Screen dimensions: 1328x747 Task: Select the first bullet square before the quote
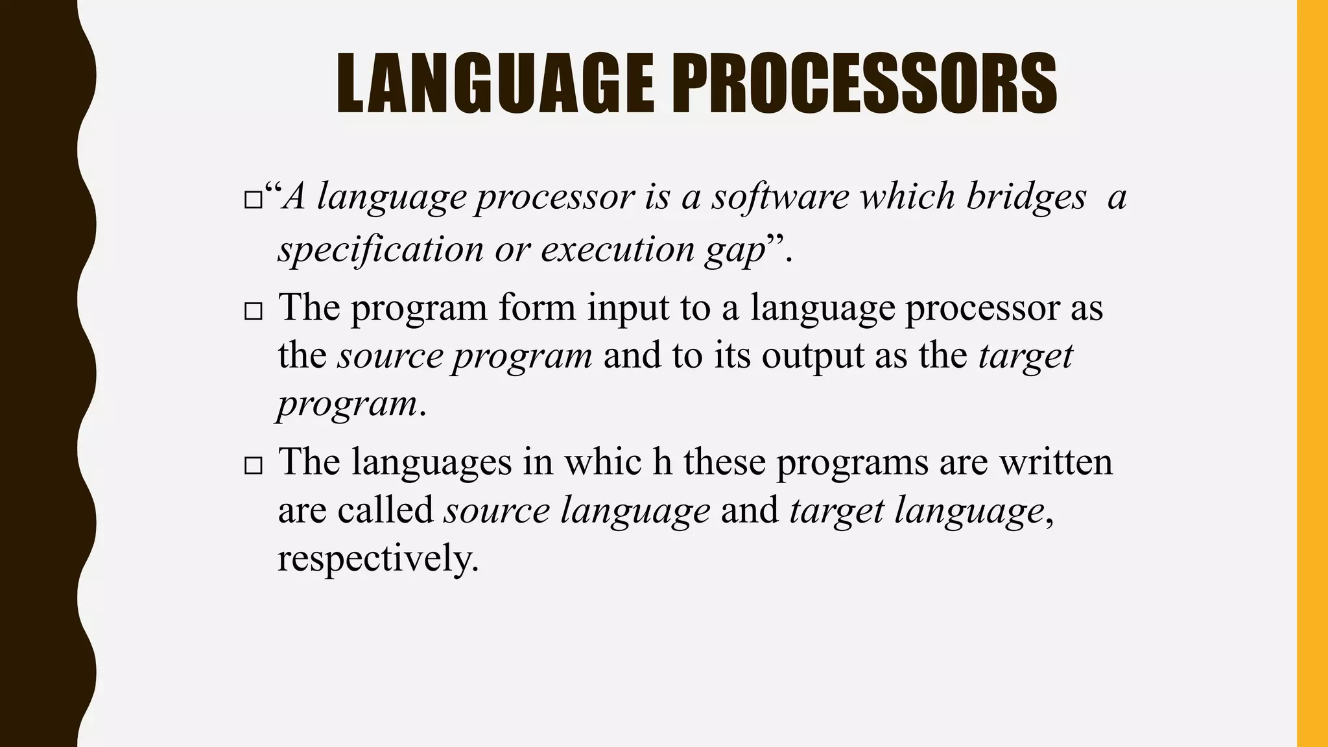click(252, 200)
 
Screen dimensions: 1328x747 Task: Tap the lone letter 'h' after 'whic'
click(662, 462)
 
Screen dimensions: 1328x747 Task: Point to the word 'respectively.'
click(378, 558)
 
